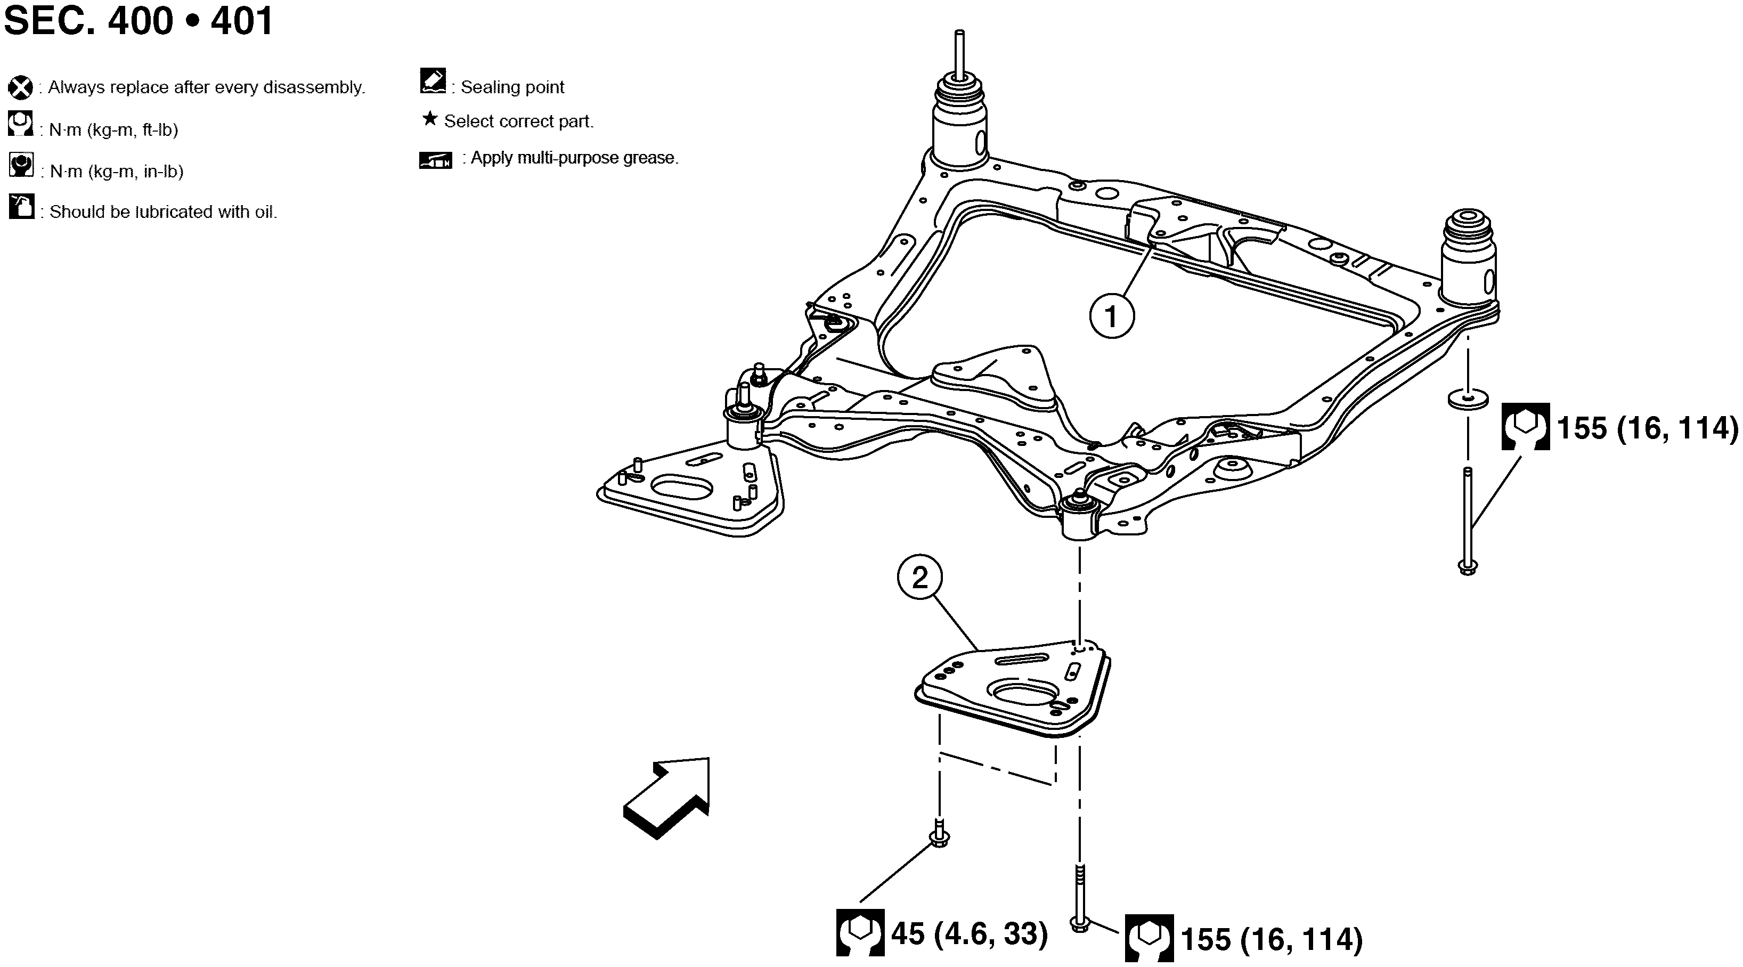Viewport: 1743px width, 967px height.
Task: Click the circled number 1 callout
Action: (1112, 316)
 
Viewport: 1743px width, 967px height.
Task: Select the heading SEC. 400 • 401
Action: (139, 20)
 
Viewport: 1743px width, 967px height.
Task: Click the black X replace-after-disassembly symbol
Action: (20, 88)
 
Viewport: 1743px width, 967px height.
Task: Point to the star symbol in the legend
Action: (430, 119)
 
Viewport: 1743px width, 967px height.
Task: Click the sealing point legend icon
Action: (433, 80)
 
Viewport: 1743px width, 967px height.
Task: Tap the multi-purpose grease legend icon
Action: (436, 160)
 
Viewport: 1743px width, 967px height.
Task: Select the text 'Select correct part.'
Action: (519, 121)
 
